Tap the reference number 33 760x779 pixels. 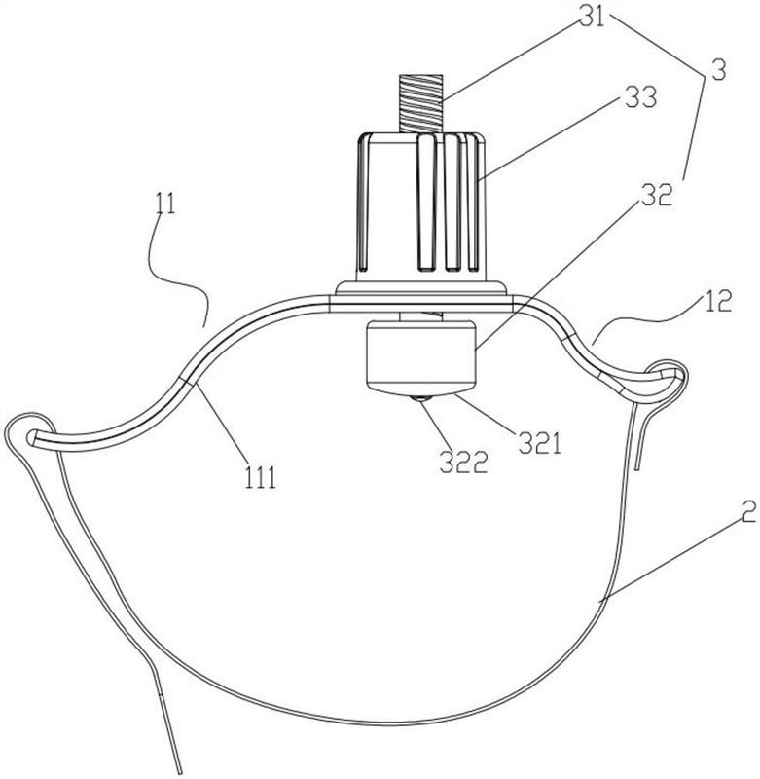tap(640, 98)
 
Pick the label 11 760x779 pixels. tap(165, 204)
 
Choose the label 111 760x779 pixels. tap(260, 478)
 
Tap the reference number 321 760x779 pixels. tap(540, 443)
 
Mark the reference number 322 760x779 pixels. tap(463, 462)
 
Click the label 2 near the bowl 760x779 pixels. tap(749, 512)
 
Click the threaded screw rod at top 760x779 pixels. tap(420, 103)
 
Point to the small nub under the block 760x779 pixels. tap(420, 398)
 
